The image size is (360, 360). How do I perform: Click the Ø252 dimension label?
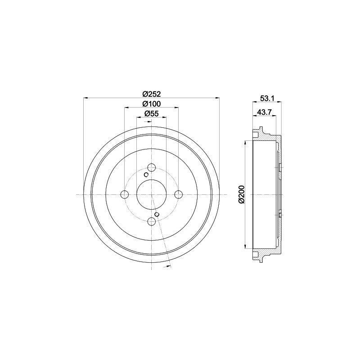tap(152, 94)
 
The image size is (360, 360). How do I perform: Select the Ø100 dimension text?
tap(152, 104)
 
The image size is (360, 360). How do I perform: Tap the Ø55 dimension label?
tap(152, 113)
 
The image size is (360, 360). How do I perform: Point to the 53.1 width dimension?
tap(266, 99)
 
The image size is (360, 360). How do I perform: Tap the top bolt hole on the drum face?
tap(152, 167)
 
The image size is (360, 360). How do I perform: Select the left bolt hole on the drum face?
tap(125, 195)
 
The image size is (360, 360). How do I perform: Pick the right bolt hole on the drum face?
tap(178, 195)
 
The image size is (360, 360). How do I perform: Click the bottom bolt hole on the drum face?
tap(152, 221)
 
